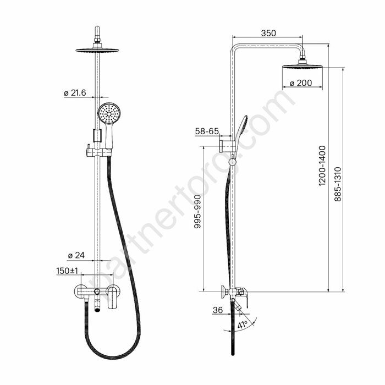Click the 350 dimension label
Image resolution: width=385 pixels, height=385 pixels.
268,33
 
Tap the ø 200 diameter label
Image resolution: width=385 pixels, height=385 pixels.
301,83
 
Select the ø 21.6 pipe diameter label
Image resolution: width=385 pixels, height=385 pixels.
75,93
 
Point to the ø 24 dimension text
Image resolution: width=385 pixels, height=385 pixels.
76,255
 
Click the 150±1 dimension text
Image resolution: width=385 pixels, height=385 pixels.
67,271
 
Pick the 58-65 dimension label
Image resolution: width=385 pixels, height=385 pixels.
207,131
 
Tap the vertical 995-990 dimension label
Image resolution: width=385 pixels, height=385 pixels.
197,212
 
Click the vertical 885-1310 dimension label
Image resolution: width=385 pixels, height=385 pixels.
338,184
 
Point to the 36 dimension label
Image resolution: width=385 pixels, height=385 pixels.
218,310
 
